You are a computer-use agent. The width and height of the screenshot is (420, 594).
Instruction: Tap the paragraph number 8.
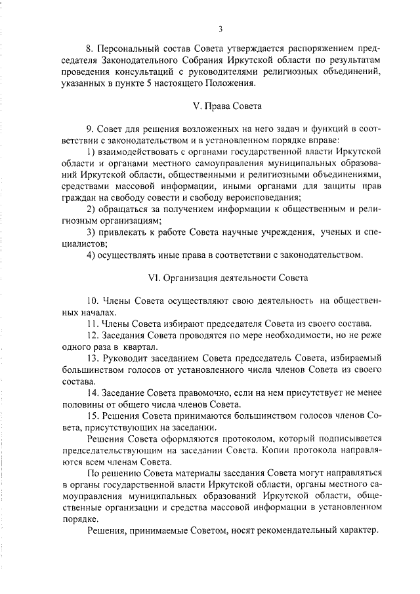pyautogui.click(x=90, y=50)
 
